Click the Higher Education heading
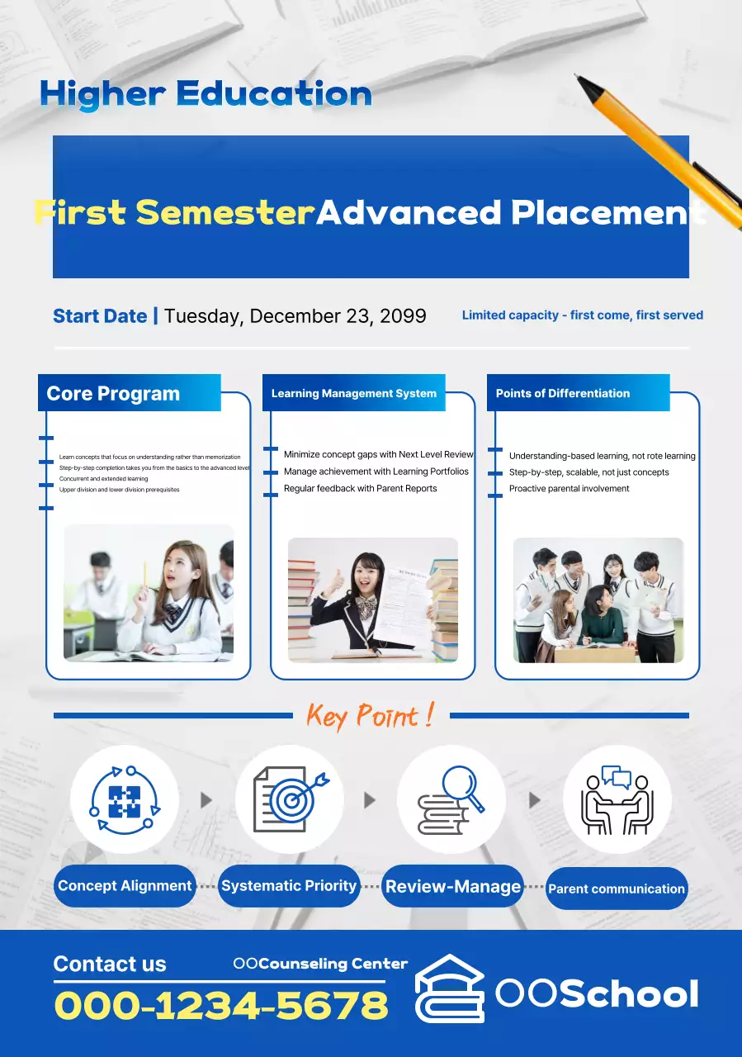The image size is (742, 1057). [x=206, y=94]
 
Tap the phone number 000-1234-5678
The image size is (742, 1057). [x=221, y=1005]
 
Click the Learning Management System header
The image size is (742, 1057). [x=354, y=393]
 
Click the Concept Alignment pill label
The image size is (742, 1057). [x=125, y=886]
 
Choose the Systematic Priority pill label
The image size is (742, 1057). [x=289, y=886]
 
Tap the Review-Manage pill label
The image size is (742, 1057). [x=453, y=887]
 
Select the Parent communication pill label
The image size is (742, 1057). [x=617, y=889]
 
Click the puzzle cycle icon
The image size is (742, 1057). [x=125, y=799]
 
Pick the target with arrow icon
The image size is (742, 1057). [x=290, y=799]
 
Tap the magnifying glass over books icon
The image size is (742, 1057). [x=451, y=799]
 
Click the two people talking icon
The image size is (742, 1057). [x=617, y=799]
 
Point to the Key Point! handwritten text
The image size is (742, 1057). [x=371, y=715]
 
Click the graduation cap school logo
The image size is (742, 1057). [x=450, y=988]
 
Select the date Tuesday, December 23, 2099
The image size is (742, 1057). [x=295, y=315]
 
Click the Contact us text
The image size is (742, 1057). [x=110, y=964]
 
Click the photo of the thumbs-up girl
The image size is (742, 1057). [x=372, y=600]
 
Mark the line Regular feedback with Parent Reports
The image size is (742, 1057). [x=361, y=488]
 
